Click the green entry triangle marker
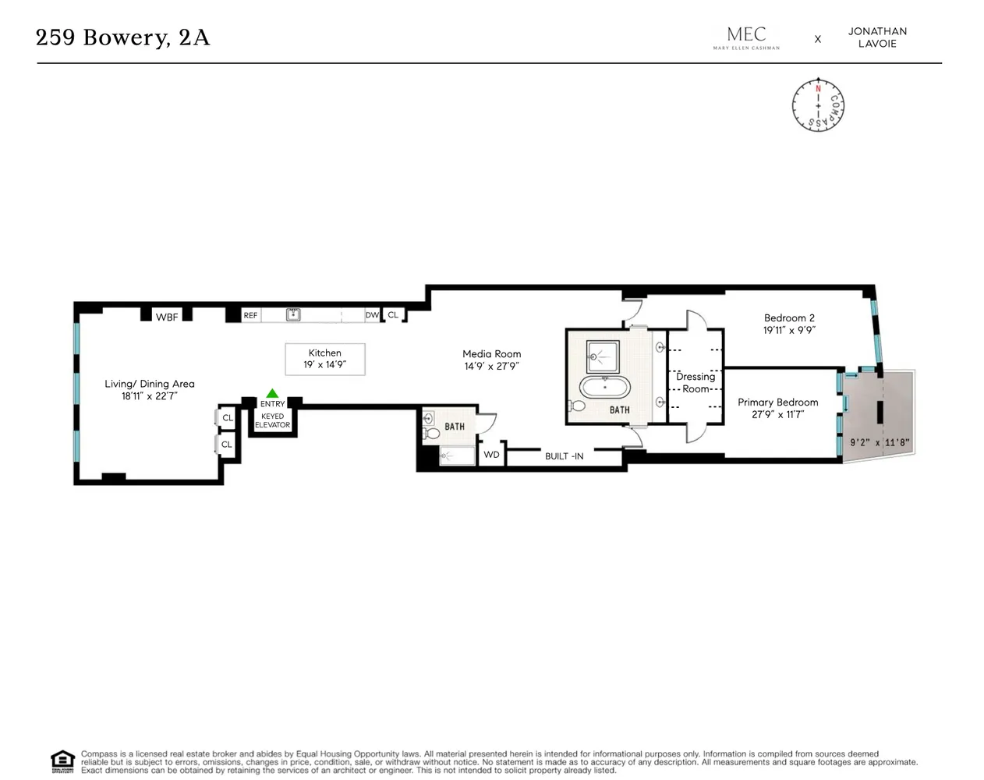click(272, 393)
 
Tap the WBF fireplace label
click(167, 317)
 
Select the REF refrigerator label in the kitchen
click(250, 315)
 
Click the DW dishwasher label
click(372, 315)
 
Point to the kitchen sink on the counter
click(293, 314)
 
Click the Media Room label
click(491, 353)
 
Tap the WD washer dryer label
click(491, 455)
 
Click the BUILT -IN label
click(564, 456)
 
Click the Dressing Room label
click(696, 382)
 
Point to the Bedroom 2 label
click(789, 317)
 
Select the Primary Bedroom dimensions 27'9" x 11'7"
click(777, 415)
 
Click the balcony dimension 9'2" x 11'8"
click(880, 442)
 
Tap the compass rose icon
click(818, 105)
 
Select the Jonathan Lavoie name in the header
click(877, 37)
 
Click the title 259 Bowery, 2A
click(123, 37)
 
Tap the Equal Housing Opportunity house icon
click(62, 761)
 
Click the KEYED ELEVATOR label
click(272, 421)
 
